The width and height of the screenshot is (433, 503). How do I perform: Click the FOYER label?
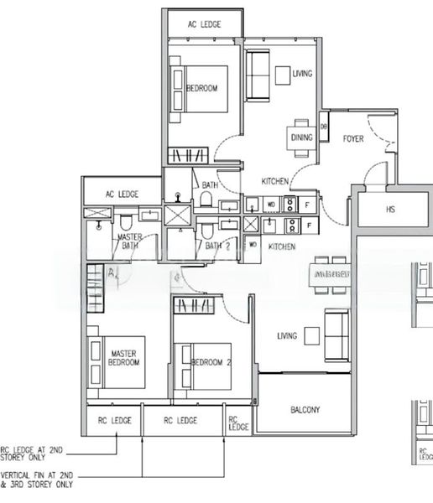click(353, 139)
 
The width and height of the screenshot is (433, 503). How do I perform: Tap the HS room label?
click(390, 210)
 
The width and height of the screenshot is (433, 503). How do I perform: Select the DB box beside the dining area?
click(324, 127)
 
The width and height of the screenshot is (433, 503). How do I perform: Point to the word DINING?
click(301, 137)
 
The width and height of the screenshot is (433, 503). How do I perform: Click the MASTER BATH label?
click(129, 241)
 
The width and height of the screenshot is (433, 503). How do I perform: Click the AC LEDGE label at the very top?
click(205, 24)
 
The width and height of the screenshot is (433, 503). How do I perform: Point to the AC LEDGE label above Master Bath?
click(122, 194)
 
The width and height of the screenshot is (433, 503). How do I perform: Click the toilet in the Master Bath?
click(124, 221)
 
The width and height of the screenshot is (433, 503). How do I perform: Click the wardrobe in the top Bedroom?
click(187, 155)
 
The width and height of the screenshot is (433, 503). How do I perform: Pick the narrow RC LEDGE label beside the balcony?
click(239, 423)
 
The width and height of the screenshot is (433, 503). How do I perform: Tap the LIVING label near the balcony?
click(288, 336)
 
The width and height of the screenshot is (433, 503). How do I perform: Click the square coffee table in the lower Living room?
click(313, 335)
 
